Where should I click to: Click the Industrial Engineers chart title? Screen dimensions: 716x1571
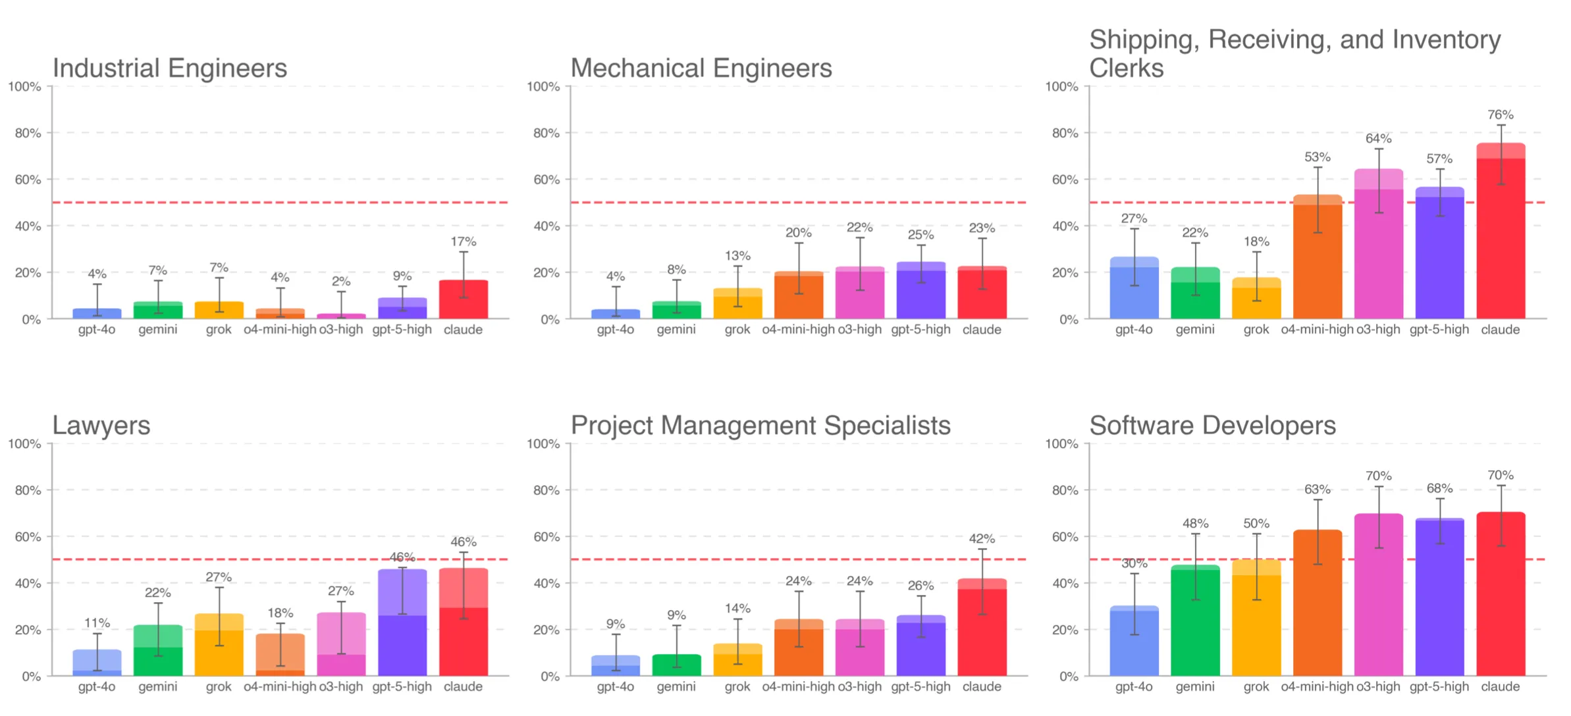(x=169, y=68)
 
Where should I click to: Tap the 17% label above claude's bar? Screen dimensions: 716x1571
(x=463, y=242)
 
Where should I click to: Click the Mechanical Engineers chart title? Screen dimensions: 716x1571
(x=701, y=68)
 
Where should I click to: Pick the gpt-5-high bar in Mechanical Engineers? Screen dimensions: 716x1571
(x=920, y=293)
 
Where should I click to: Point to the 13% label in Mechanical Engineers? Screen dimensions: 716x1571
(x=737, y=255)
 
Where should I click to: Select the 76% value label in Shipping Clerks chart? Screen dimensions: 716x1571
(x=1500, y=115)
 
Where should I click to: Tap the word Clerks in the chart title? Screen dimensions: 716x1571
(x=1126, y=68)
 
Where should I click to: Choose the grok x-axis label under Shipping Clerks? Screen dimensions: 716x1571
(x=1256, y=330)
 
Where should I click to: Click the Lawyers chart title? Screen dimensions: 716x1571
(x=101, y=426)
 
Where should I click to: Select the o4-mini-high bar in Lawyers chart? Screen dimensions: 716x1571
(x=280, y=655)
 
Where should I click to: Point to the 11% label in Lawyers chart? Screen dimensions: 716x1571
(x=97, y=623)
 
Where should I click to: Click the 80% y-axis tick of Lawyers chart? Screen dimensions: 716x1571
(x=28, y=490)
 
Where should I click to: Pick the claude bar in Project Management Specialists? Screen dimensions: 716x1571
(x=981, y=628)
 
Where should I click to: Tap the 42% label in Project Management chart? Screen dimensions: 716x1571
(x=981, y=538)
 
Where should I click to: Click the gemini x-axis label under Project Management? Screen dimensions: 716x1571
(x=676, y=686)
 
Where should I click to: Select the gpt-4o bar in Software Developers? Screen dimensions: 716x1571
(x=1133, y=642)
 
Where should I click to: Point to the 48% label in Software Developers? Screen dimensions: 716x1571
(x=1194, y=523)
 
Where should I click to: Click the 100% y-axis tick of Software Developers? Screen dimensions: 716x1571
(x=1061, y=444)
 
